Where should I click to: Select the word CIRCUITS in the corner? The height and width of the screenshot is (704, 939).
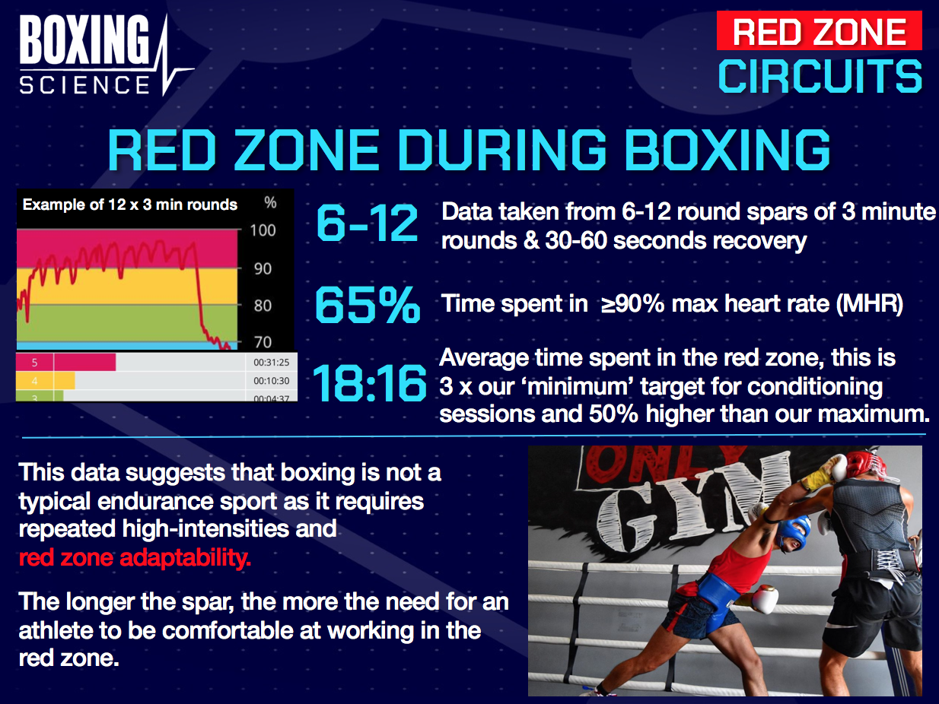[x=820, y=77]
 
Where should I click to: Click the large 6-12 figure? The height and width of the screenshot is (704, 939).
[x=367, y=224]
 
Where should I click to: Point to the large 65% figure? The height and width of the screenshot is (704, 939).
[x=367, y=305]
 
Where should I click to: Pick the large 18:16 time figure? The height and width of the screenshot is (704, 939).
[x=370, y=384]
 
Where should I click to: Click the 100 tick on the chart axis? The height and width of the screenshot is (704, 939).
[x=263, y=230]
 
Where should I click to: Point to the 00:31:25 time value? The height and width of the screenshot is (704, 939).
[x=272, y=362]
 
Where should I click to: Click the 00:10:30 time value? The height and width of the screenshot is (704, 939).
[x=272, y=380]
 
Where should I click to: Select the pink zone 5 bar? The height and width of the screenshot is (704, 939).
[x=66, y=362]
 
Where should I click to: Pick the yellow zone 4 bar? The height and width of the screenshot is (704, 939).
[x=46, y=380]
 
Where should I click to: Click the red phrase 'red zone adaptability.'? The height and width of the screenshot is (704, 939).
[x=135, y=559]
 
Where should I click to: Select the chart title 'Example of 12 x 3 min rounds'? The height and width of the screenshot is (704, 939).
[x=129, y=204]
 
